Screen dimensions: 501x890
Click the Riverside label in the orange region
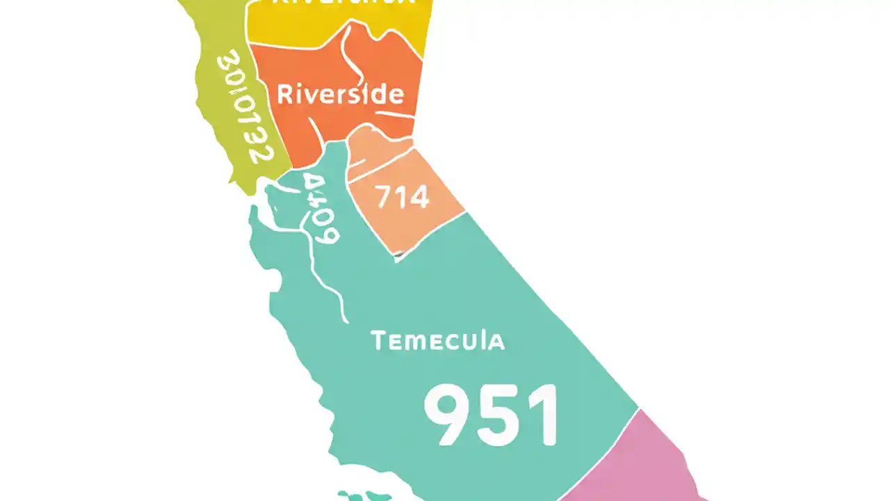tap(340, 94)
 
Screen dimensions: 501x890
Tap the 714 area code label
tap(403, 198)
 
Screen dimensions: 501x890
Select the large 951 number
tap(491, 415)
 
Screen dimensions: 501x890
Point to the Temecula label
tap(437, 341)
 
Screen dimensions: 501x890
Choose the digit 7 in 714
tap(385, 198)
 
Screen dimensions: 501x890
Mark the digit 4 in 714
tap(419, 198)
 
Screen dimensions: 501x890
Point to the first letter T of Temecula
tap(378, 341)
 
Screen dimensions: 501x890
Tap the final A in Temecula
tap(495, 341)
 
